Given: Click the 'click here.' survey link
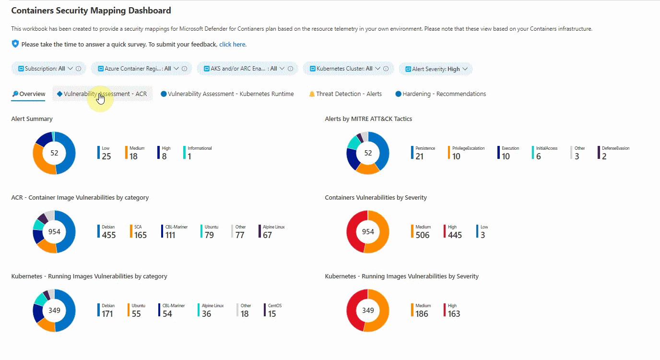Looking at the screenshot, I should coord(233,45).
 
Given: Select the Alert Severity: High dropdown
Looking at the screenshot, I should coord(436,69).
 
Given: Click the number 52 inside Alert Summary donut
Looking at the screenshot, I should coord(54,153).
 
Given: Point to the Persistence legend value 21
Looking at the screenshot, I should coord(420,156).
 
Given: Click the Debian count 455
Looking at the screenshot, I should coord(109,235).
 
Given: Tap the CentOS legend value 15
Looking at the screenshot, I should coord(272,313).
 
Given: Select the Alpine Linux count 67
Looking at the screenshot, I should coord(267,235).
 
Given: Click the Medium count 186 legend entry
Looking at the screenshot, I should coord(423,313).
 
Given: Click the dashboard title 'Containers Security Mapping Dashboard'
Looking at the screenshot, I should coord(91,10).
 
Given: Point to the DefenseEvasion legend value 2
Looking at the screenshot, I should coord(604,156).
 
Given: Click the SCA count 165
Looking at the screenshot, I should coord(140,235).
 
